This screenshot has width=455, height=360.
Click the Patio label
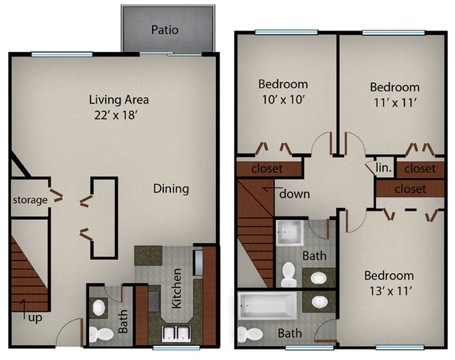pyautogui.click(x=165, y=30)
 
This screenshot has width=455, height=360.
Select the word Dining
pyautogui.click(x=171, y=188)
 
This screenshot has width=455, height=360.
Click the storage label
pyautogui.click(x=29, y=200)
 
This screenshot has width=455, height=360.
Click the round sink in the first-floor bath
pyautogui.click(x=99, y=307)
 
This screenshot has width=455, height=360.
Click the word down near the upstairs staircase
pyautogui.click(x=294, y=193)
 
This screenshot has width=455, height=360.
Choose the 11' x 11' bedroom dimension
pyautogui.click(x=395, y=102)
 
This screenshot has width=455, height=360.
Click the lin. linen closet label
pyautogui.click(x=383, y=168)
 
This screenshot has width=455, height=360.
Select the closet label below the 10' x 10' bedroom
pyautogui.click(x=267, y=169)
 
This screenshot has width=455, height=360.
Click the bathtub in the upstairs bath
pyautogui.click(x=269, y=305)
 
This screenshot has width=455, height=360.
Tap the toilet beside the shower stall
pyautogui.click(x=290, y=275)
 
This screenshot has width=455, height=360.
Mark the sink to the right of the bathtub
pyautogui.click(x=320, y=303)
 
